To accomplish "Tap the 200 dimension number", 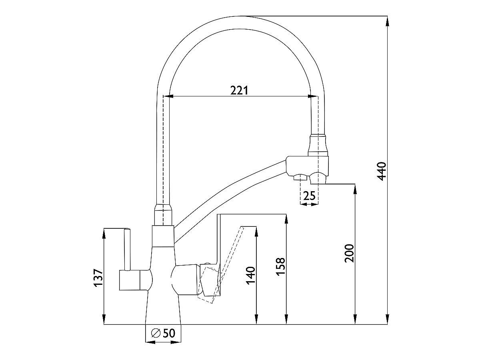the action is pyautogui.click(x=349, y=253).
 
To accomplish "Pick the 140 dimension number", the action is pyautogui.click(x=250, y=275).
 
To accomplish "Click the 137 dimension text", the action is pyautogui.click(x=98, y=278).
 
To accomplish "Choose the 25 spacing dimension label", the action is pyautogui.click(x=310, y=196).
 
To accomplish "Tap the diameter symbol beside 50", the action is pyautogui.click(x=156, y=333).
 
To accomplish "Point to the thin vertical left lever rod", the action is pyautogui.click(x=127, y=249).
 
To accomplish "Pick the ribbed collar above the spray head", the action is pyautogui.click(x=319, y=145).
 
